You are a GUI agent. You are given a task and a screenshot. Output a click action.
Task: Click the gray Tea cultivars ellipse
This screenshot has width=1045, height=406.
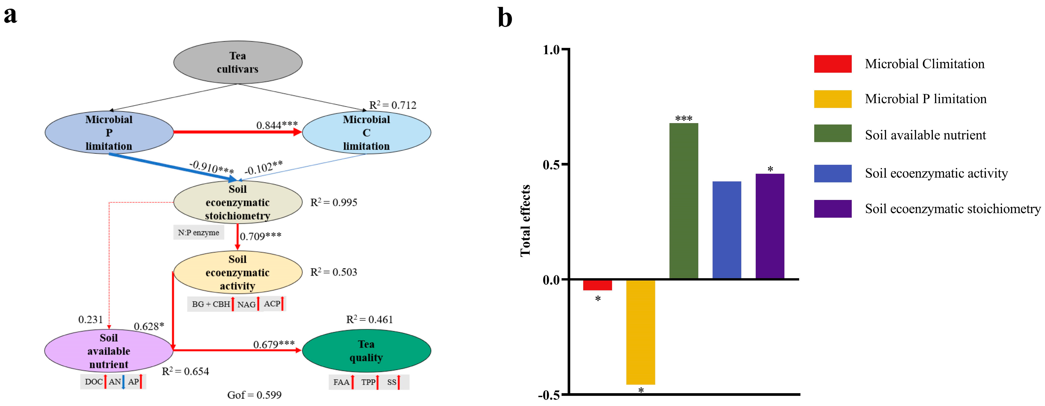pos(238,62)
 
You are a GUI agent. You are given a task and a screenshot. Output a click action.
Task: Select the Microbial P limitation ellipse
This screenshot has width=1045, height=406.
pos(109,132)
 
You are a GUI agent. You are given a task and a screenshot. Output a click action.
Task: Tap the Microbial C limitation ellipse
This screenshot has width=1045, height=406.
pos(366,132)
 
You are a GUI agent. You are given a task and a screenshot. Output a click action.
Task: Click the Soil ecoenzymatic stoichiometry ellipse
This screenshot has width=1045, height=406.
pos(238,202)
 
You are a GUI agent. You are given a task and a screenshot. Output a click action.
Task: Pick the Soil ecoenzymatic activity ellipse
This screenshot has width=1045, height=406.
pos(238,272)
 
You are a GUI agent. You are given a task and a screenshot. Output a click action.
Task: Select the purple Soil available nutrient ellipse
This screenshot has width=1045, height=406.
pos(109,351)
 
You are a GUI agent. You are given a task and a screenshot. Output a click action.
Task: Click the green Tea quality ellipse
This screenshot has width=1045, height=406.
pos(366,351)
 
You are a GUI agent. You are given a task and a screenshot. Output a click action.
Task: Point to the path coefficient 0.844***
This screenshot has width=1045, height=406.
pos(277,125)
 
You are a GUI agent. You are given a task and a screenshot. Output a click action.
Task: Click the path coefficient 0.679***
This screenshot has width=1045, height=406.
pos(274,344)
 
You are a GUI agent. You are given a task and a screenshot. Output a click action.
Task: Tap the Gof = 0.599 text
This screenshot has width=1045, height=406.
pos(254,395)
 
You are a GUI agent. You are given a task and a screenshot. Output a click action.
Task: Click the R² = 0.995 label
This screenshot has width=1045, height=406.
pos(334,202)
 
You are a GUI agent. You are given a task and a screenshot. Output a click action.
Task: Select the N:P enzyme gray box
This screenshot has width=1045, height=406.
pos(198,233)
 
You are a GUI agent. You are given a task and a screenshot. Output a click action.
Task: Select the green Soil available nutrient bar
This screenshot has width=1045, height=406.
pos(684,201)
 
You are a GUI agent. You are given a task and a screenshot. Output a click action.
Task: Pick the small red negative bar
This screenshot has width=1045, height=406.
pos(598,285)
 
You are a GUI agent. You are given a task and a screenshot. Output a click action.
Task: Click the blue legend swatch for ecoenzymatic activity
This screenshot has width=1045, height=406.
pos(832,173)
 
